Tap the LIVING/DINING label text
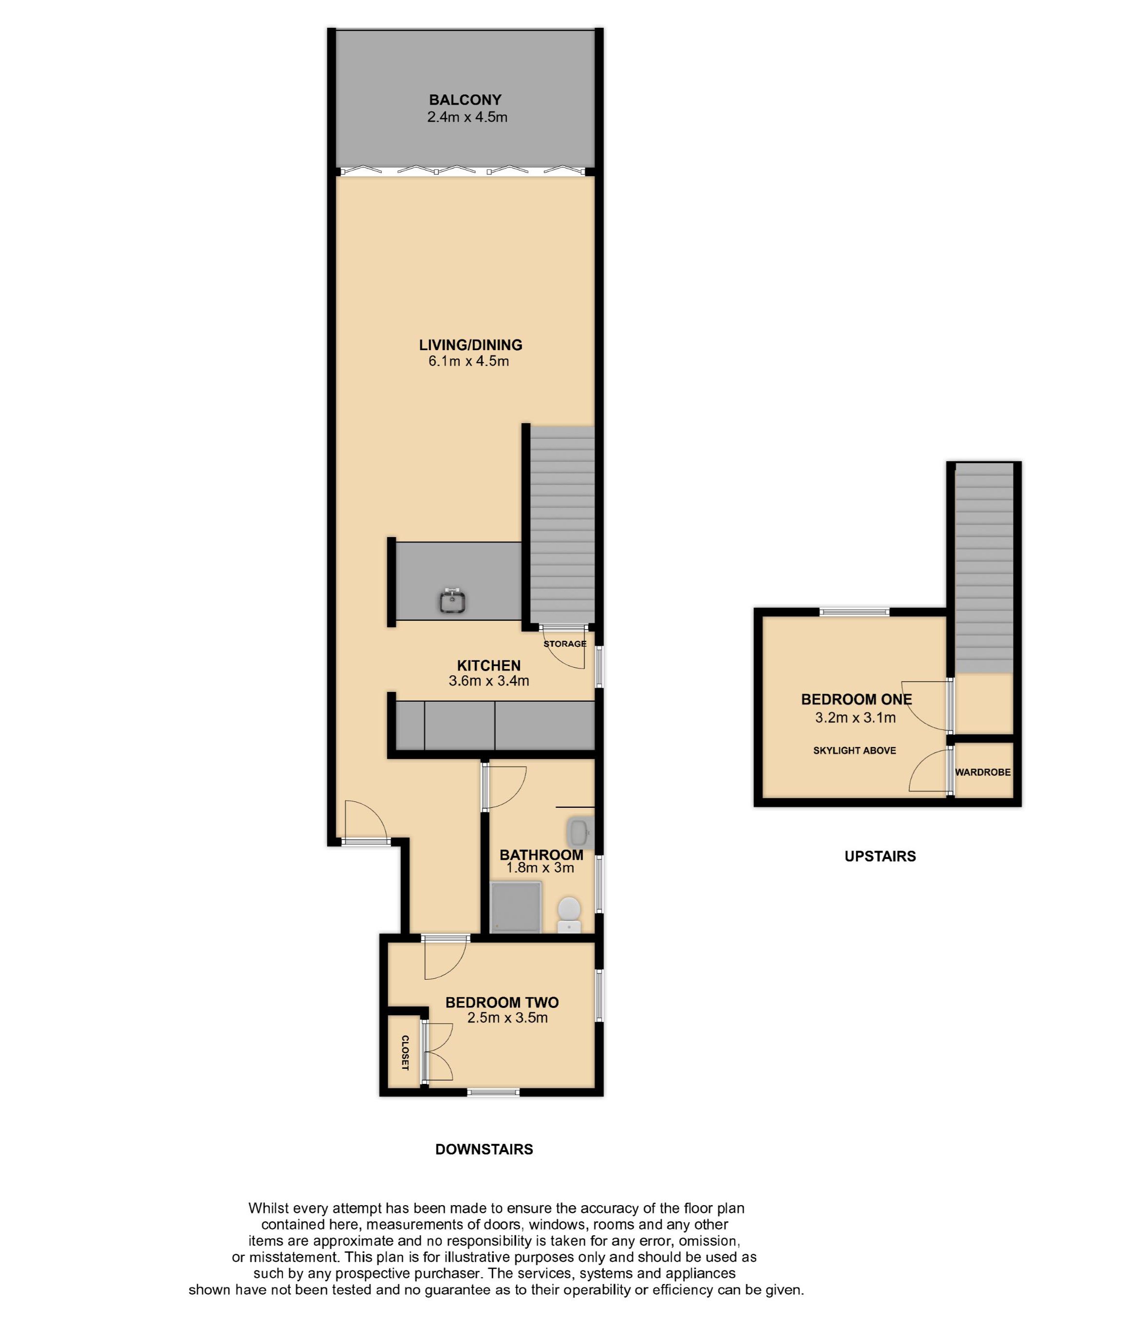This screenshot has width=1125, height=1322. click(x=470, y=345)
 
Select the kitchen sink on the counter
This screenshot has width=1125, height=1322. click(x=452, y=601)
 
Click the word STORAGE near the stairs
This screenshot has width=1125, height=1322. click(x=564, y=643)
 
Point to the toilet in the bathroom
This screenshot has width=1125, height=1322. click(x=569, y=915)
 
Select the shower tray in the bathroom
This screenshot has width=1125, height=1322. click(x=516, y=907)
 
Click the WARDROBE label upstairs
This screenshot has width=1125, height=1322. click(x=983, y=772)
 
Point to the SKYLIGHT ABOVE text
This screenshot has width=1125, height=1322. click(x=855, y=751)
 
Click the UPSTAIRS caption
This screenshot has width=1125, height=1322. click(x=880, y=857)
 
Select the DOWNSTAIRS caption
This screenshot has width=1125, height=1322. click(x=484, y=1149)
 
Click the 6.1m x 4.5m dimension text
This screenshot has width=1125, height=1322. click(x=469, y=362)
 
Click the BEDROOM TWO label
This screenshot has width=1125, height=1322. click(x=502, y=1003)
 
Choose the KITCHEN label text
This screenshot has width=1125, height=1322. click(x=488, y=665)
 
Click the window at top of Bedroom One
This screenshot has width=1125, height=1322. click(x=854, y=612)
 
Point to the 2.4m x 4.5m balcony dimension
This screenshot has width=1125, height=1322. click(x=468, y=117)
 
